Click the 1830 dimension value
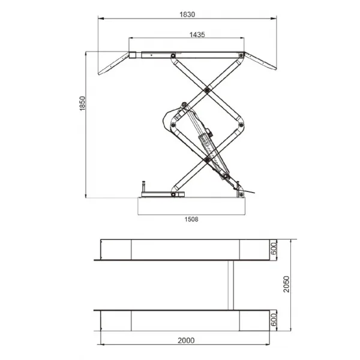(187, 14)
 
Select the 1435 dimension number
(197, 35)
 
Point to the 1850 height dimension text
(82, 103)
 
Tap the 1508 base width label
(191, 219)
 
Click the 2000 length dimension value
(186, 340)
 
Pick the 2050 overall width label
(287, 284)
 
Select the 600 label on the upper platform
(274, 248)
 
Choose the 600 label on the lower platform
(274, 319)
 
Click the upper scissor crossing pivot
(207, 90)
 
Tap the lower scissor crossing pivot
(207, 160)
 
